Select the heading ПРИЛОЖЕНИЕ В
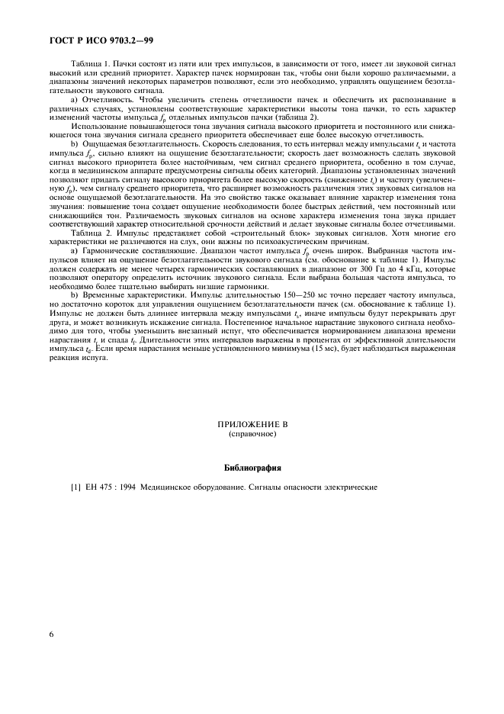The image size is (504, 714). (252, 423)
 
